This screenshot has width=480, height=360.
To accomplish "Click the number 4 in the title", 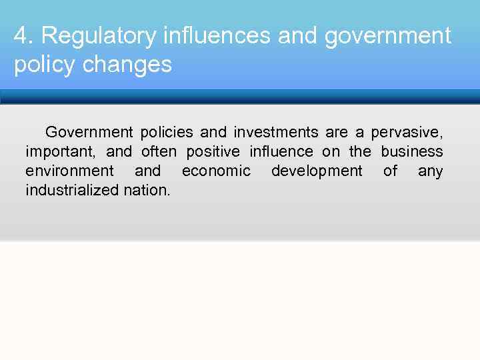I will click(x=19, y=36).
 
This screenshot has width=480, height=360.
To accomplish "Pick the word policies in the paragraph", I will click(x=167, y=132).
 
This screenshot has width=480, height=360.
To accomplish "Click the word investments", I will click(x=276, y=132).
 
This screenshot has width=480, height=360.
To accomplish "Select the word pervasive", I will click(x=407, y=132).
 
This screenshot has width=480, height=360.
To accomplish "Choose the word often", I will click(x=159, y=151).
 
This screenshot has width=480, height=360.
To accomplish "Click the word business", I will click(x=412, y=151).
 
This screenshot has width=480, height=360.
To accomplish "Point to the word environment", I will click(x=69, y=171).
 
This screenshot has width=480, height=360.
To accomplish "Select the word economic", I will click(x=216, y=171).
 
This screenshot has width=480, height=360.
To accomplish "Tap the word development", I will click(x=317, y=171).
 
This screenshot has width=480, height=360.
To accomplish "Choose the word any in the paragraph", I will click(x=430, y=171).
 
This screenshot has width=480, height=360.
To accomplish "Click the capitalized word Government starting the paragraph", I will click(x=89, y=132).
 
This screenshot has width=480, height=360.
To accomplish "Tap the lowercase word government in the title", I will click(x=388, y=36).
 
